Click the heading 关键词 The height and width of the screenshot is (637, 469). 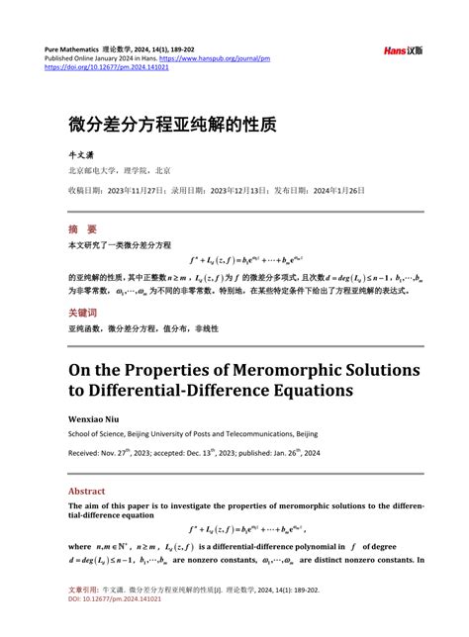83,311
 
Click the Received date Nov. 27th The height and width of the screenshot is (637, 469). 129,454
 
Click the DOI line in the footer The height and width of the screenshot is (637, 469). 103,625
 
